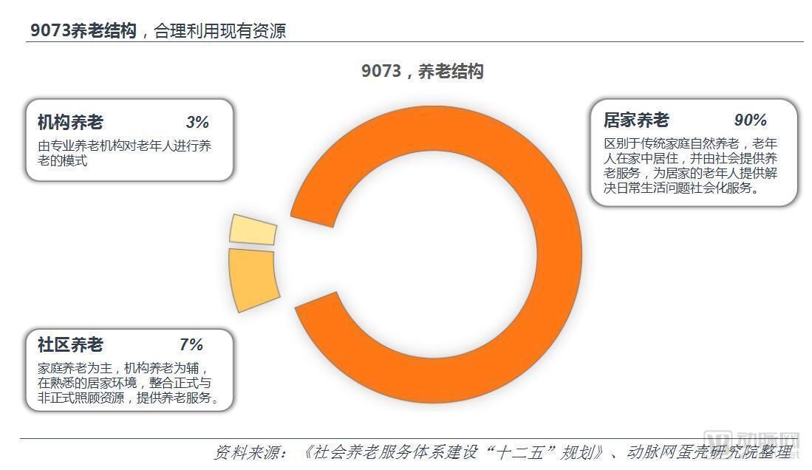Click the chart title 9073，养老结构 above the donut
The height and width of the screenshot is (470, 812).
(x=422, y=71)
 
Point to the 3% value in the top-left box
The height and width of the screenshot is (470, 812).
(x=197, y=122)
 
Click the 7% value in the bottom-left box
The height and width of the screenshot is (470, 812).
(x=191, y=344)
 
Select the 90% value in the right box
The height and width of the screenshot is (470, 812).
(x=750, y=120)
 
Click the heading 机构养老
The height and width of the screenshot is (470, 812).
(x=70, y=122)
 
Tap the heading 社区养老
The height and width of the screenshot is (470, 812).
(x=70, y=344)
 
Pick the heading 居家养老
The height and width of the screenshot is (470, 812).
(x=635, y=120)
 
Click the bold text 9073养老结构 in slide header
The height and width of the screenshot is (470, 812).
(x=83, y=30)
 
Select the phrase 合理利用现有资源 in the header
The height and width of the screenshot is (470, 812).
(x=219, y=31)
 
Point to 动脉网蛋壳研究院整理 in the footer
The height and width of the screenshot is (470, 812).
(x=709, y=452)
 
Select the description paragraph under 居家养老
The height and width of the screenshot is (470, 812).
(x=690, y=166)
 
